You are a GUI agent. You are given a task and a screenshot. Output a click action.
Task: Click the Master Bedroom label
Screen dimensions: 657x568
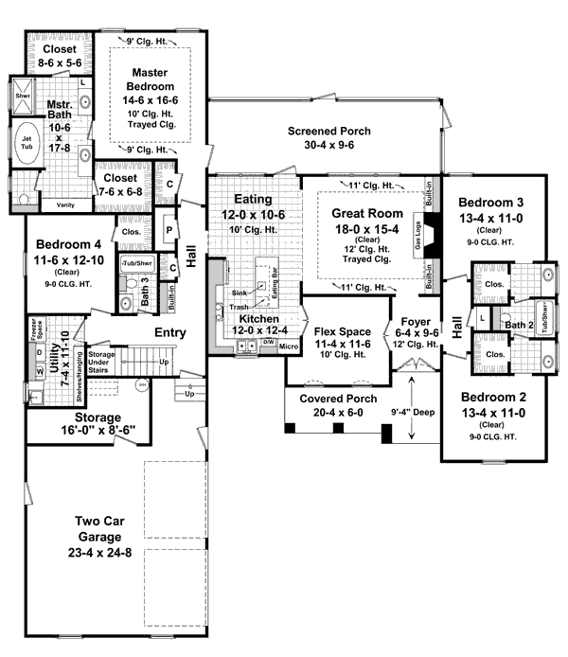150,80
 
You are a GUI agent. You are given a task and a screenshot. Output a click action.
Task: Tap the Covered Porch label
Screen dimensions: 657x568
333,399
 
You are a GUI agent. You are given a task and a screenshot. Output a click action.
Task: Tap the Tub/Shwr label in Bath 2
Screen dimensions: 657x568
546,312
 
